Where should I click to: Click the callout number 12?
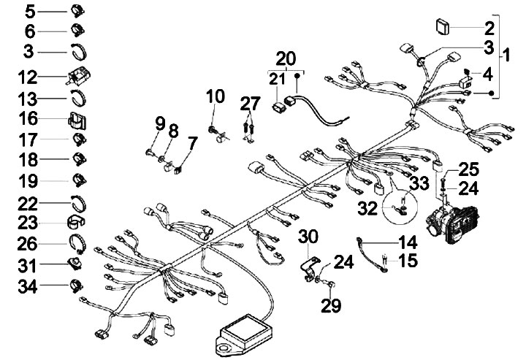(x=26, y=76)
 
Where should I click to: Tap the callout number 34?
(x=26, y=283)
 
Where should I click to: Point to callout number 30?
(x=309, y=236)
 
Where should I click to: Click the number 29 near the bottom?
(x=331, y=305)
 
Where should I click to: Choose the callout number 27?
(x=249, y=103)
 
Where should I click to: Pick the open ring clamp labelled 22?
(x=80, y=202)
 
